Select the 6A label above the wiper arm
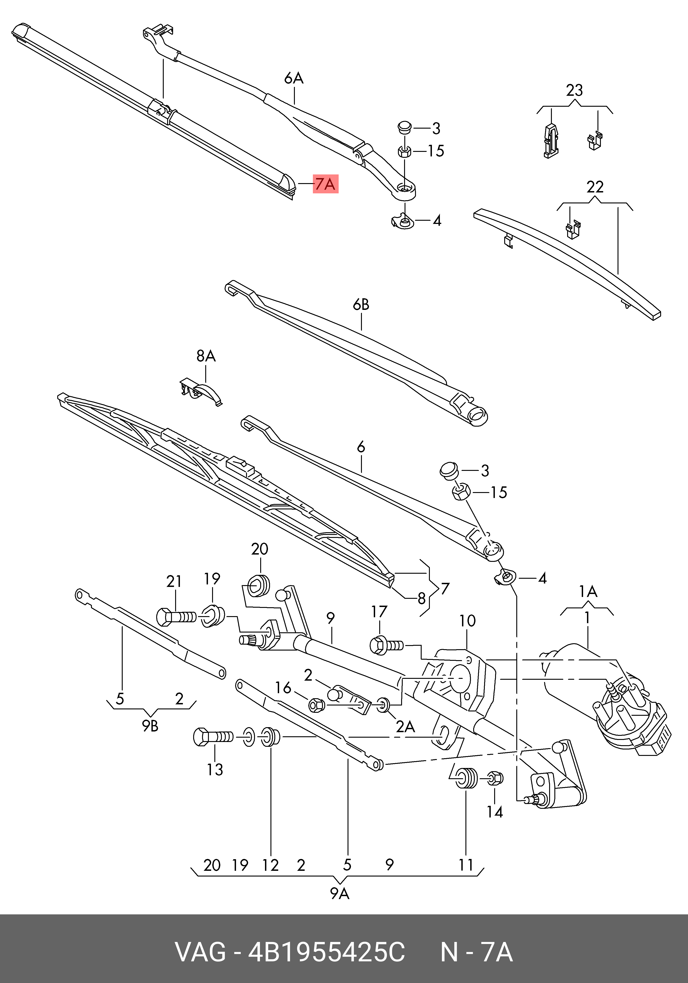point(294,78)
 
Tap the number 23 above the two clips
point(574,90)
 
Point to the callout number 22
point(595,187)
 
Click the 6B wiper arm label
point(361,304)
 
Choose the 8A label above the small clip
point(206,356)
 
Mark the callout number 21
point(174,581)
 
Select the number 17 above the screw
point(379,612)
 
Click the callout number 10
point(467,621)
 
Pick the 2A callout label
point(405,726)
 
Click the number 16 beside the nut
point(283,688)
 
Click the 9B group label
point(150,726)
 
